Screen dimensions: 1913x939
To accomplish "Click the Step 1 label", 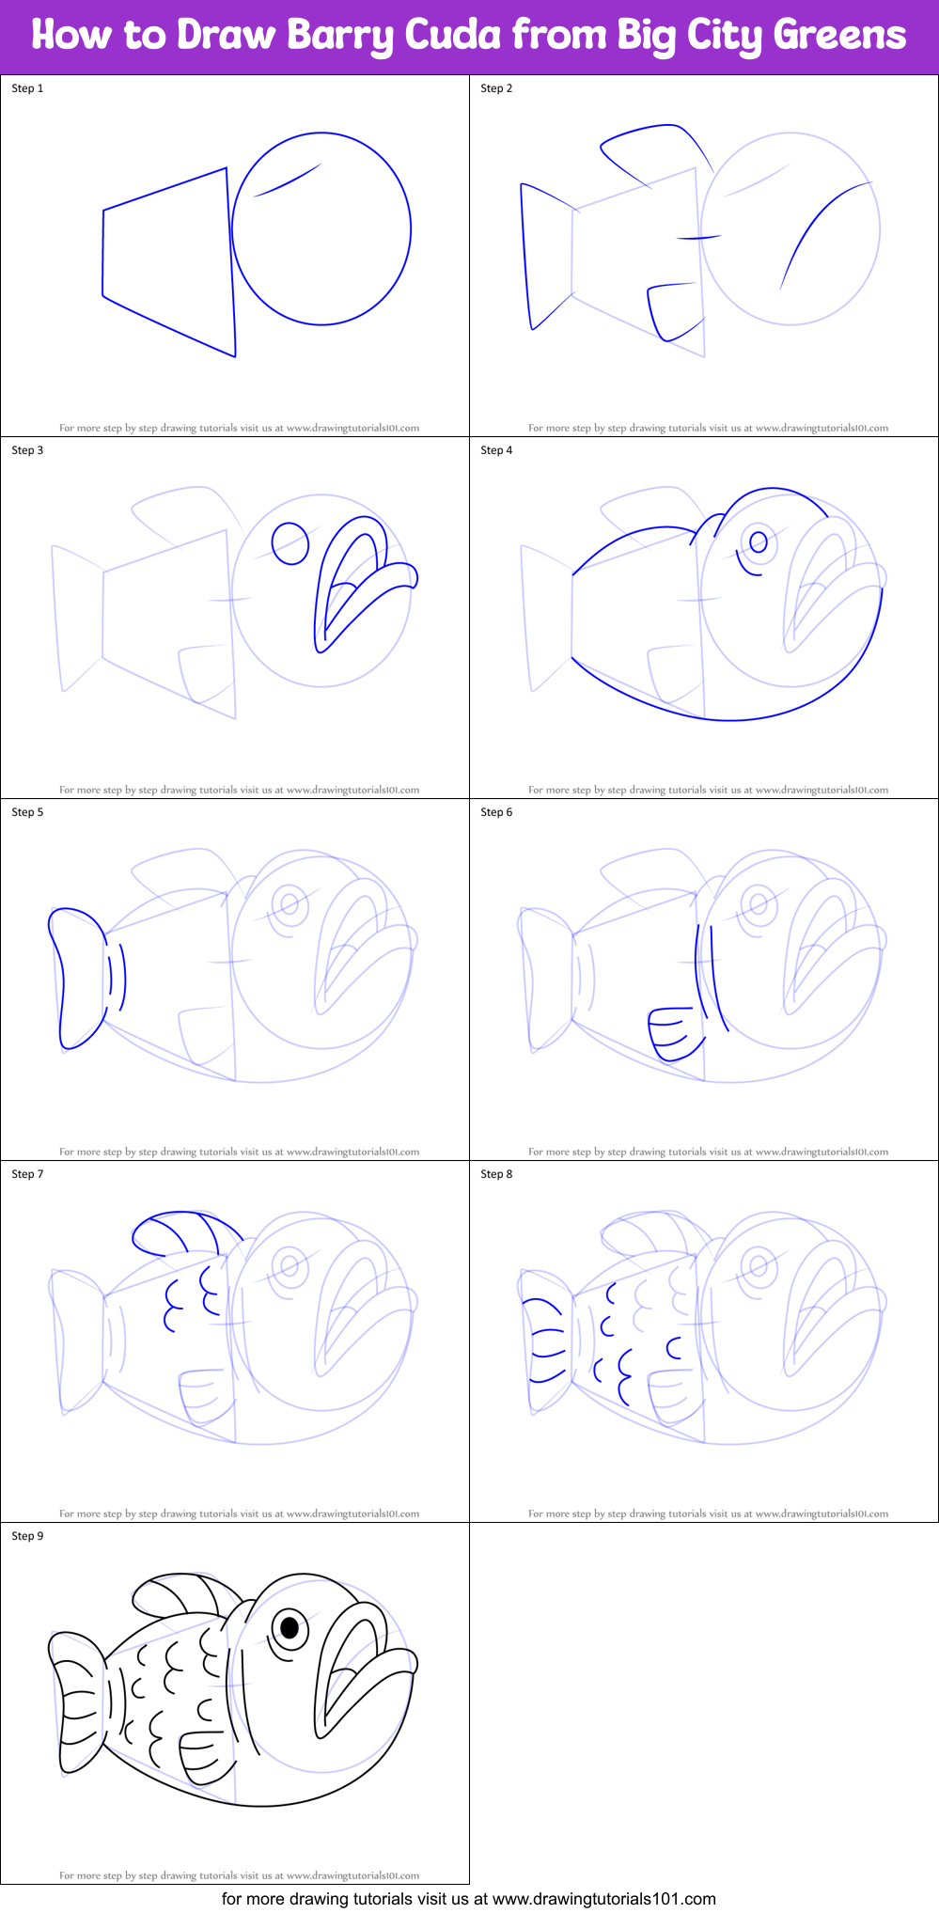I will pyautogui.click(x=27, y=88).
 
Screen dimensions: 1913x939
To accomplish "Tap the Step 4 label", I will pyautogui.click(x=496, y=450).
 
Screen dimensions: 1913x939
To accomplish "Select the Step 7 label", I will pyautogui.click(x=27, y=1174).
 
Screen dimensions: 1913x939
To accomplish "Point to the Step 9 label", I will pyautogui.click(x=27, y=1536).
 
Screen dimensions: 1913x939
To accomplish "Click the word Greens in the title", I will pyautogui.click(x=838, y=35).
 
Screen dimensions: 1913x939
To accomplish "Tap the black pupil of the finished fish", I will pyautogui.click(x=290, y=1627).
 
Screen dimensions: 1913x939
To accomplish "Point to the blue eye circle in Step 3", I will pyautogui.click(x=290, y=543).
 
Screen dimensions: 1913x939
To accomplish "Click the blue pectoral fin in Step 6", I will pyautogui.click(x=673, y=1033).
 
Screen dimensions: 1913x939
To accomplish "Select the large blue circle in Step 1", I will pyautogui.click(x=321, y=228).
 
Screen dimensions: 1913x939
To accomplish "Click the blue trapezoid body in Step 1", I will pyautogui.click(x=169, y=263).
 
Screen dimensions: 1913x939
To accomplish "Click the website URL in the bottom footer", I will pyautogui.click(x=603, y=1899).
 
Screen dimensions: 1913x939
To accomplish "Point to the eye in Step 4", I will pyautogui.click(x=758, y=541).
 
